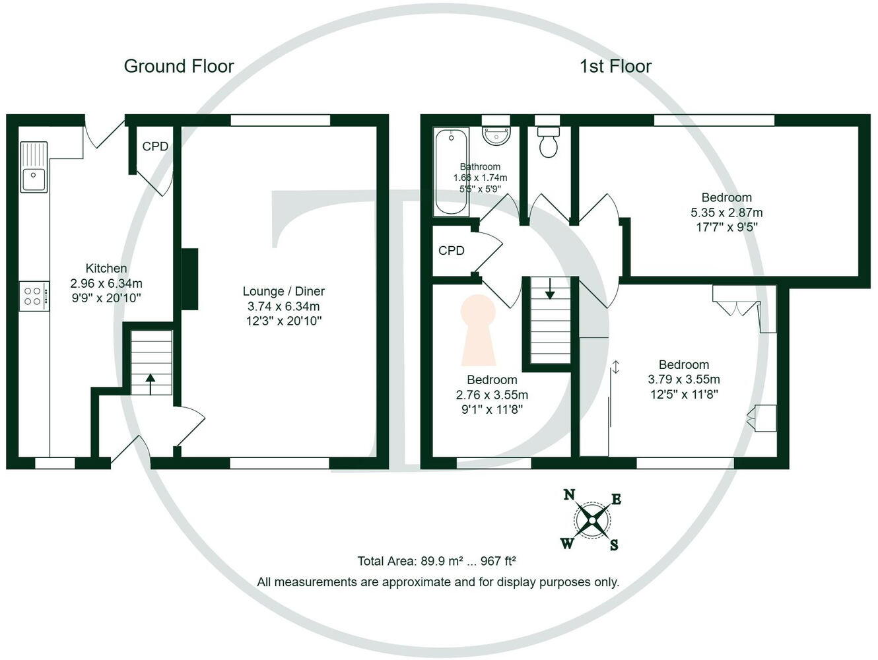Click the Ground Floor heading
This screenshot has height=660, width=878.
178,66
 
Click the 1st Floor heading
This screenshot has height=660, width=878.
615,66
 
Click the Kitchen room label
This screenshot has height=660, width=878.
106,269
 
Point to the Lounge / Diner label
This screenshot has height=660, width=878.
283,291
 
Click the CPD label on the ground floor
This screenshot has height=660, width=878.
155,147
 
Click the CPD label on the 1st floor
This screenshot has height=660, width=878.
452,251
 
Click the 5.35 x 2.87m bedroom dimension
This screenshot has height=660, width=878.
726,213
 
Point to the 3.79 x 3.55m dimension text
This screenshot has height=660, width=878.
684,379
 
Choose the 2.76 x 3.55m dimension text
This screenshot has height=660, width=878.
492,395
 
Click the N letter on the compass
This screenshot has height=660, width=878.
568,494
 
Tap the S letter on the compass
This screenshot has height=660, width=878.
614,545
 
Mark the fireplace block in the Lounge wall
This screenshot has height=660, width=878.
189,279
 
